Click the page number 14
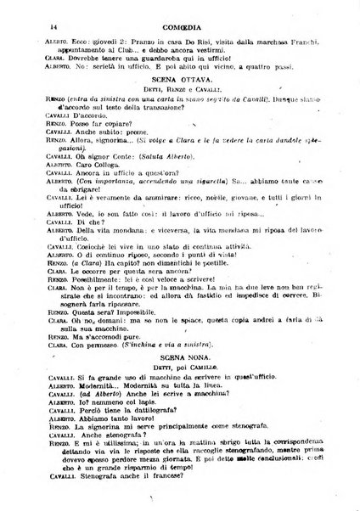point(28,12)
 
